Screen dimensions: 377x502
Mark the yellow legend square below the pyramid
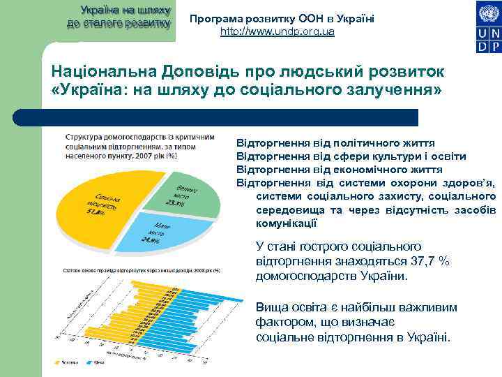[x=59, y=362]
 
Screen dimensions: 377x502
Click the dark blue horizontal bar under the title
[x=230, y=117]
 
